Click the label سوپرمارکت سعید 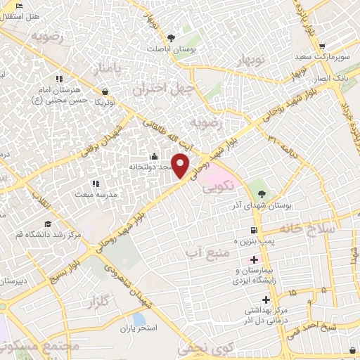point(329,56)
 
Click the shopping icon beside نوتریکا point(105,91)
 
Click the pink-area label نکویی point(215,189)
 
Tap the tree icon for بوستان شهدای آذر point(262,194)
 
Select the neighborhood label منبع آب point(205,250)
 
